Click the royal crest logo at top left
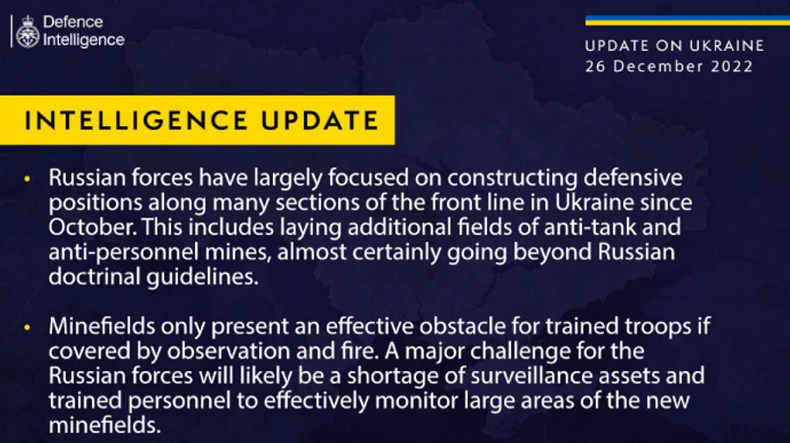(27, 31)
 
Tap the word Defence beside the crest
(73, 22)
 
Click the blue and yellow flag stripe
(674, 20)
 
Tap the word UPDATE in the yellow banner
(320, 121)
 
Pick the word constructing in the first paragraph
(499, 178)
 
